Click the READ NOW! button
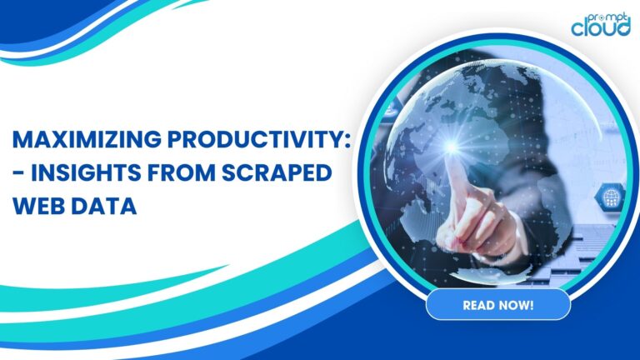(497, 305)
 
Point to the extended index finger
(459, 179)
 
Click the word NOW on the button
(512, 305)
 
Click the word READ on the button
(478, 305)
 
